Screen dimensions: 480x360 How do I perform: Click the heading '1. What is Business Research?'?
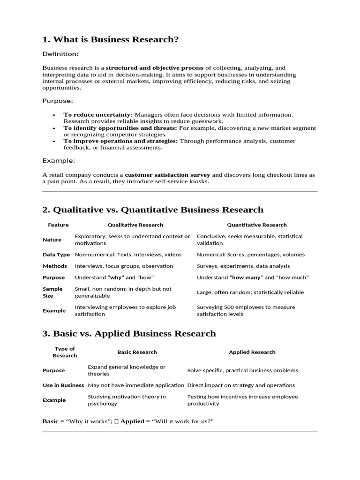[x=111, y=40]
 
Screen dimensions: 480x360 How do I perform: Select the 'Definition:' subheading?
[x=60, y=54]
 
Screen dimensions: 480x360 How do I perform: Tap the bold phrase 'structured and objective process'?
[x=155, y=68]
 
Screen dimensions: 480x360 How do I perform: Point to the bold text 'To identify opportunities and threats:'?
[x=120, y=128]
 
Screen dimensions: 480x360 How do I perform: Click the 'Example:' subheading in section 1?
[x=59, y=161]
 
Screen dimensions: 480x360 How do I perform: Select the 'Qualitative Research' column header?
[x=135, y=225]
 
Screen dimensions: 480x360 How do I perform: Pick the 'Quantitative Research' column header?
[x=257, y=225]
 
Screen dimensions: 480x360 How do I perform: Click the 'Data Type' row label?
[x=56, y=255]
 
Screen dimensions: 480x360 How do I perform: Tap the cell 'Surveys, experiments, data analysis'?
[x=244, y=266]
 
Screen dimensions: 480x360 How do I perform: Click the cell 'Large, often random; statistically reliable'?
[x=250, y=292]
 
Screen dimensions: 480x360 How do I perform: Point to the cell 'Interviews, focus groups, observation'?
[x=124, y=266]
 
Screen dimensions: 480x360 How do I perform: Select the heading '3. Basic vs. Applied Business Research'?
[x=129, y=334]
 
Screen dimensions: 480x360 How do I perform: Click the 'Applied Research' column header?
[x=252, y=352]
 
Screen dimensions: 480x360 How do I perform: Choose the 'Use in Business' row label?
[x=63, y=385]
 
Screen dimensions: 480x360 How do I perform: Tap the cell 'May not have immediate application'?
[x=136, y=385]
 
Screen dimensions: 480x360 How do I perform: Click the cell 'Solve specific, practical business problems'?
[x=242, y=370]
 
